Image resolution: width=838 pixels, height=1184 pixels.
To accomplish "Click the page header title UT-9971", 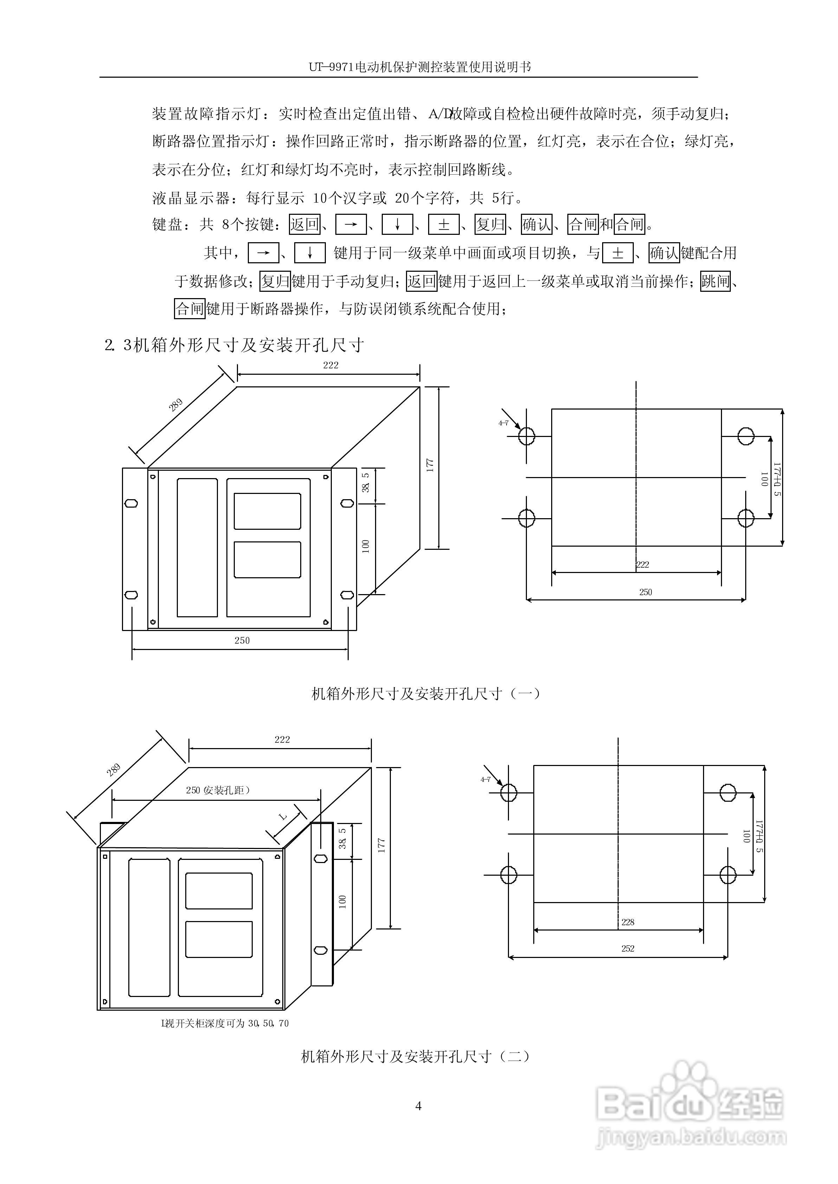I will point(419,67).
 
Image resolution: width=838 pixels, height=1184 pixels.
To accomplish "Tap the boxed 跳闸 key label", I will point(715,281).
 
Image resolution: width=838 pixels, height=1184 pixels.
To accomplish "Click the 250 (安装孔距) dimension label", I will point(218,790).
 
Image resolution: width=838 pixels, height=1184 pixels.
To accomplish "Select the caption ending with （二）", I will point(415,1057).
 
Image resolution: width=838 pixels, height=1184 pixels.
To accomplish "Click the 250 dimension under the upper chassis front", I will point(241,640).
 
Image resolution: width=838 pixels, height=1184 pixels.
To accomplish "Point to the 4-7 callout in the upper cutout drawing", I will point(503,423).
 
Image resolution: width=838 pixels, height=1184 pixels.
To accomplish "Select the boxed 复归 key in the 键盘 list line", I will point(490,224).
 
